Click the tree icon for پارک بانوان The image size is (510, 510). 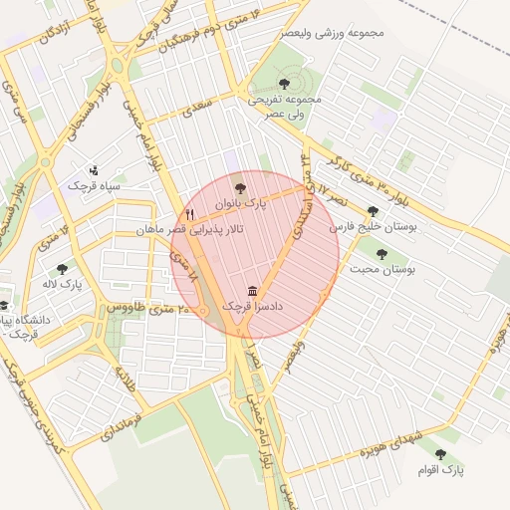point(237,186)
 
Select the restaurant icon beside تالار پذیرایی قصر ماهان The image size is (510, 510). point(189,214)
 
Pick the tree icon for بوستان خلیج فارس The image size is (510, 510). point(373,211)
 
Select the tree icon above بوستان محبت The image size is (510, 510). point(382,254)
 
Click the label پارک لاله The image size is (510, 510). point(63,285)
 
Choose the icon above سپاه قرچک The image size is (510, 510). point(94,169)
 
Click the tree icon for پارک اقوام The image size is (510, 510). point(440,454)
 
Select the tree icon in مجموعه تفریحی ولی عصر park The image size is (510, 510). point(285,84)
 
